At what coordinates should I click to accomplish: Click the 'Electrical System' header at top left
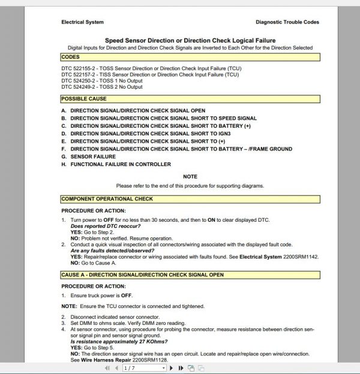click(x=82, y=22)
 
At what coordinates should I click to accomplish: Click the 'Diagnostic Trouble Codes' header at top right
click(x=287, y=22)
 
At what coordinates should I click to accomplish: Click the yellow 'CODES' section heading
click(x=71, y=58)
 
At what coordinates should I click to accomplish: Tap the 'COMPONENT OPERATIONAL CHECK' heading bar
click(x=107, y=198)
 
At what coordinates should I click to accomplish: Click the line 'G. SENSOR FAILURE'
click(x=89, y=156)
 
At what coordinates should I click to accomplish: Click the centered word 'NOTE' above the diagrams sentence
click(x=190, y=177)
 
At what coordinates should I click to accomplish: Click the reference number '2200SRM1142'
click(x=292, y=255)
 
